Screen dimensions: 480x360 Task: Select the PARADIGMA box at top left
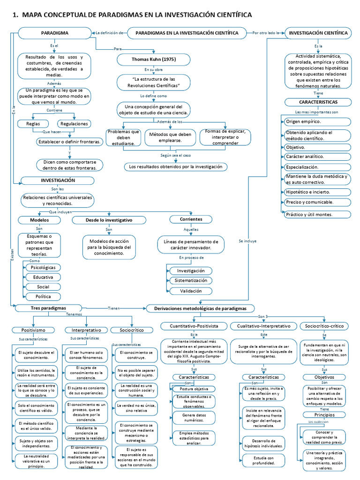click(x=55, y=33)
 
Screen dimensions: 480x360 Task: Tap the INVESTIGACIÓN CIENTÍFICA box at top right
click(x=318, y=33)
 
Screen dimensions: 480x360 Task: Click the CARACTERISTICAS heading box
click(x=318, y=102)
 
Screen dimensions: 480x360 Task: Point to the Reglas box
click(x=33, y=124)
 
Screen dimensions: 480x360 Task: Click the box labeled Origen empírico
click(x=317, y=121)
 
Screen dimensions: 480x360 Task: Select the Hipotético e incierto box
click(x=317, y=192)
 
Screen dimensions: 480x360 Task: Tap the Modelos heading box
click(x=39, y=220)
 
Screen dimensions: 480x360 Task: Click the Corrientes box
click(x=191, y=219)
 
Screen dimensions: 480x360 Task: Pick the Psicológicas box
click(x=43, y=267)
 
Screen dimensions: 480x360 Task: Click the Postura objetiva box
click(x=194, y=389)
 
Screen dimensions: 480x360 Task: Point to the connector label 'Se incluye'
click(x=247, y=241)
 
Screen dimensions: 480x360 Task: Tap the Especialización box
click(x=317, y=167)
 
